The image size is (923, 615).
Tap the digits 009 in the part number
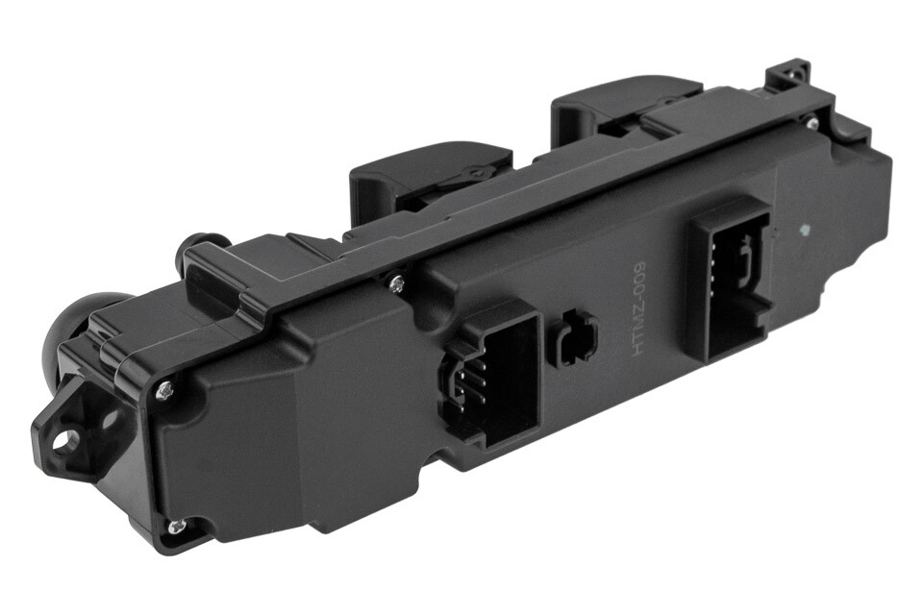(645, 286)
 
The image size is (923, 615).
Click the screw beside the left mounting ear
(164, 388)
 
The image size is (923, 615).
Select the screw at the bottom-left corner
(174, 526)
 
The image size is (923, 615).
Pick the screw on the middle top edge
(394, 283)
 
